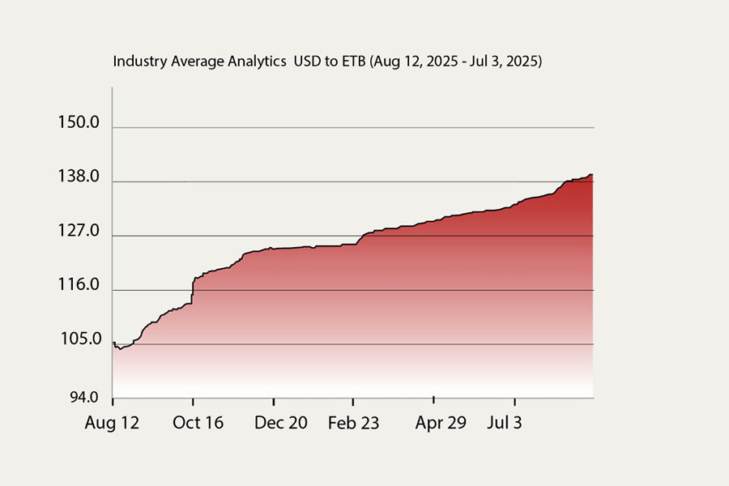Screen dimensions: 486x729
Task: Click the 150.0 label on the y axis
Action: [x=78, y=123]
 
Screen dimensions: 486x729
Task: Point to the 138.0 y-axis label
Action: [x=78, y=177]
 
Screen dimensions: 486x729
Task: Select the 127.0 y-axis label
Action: [x=78, y=232]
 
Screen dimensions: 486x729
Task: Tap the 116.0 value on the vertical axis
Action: [x=78, y=286]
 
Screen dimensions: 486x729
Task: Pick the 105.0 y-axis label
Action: [x=78, y=340]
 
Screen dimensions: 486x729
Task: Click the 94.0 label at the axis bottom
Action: [x=83, y=398]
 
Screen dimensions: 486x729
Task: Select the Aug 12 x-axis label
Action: [x=112, y=423]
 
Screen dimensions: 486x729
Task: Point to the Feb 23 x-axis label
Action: [x=353, y=423]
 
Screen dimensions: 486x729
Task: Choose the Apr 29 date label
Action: [x=441, y=423]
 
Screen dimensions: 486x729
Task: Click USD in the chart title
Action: [x=308, y=62]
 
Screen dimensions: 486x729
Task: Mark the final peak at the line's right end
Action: [x=591, y=174]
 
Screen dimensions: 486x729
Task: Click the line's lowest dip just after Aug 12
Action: [x=120, y=348]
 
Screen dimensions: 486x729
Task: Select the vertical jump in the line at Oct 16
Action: [x=193, y=292]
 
